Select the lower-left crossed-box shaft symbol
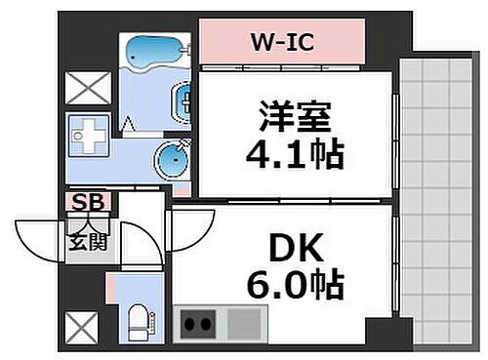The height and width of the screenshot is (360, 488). click(x=81, y=326)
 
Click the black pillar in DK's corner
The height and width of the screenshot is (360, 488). click(x=379, y=332)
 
